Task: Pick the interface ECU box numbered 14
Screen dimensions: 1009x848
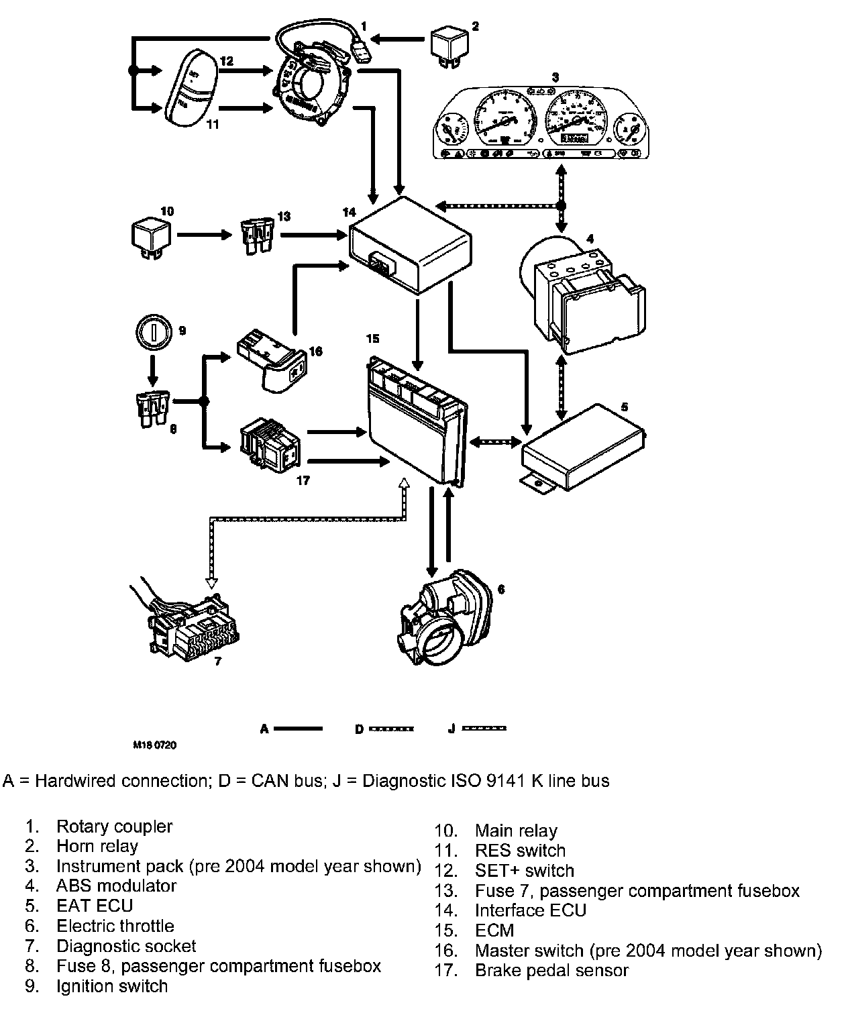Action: pyautogui.click(x=410, y=247)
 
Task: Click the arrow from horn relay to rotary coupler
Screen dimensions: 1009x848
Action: pyautogui.click(x=399, y=40)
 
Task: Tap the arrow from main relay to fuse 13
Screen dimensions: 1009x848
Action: pyautogui.click(x=204, y=235)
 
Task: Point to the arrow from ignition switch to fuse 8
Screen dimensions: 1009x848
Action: pyautogui.click(x=153, y=368)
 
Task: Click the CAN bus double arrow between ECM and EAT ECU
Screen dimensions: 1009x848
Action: pyautogui.click(x=496, y=441)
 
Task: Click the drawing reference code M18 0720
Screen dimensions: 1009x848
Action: pyautogui.click(x=154, y=745)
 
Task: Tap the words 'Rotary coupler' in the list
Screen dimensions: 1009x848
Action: pyautogui.click(x=114, y=827)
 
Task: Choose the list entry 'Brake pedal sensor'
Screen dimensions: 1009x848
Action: pyautogui.click(x=551, y=970)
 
